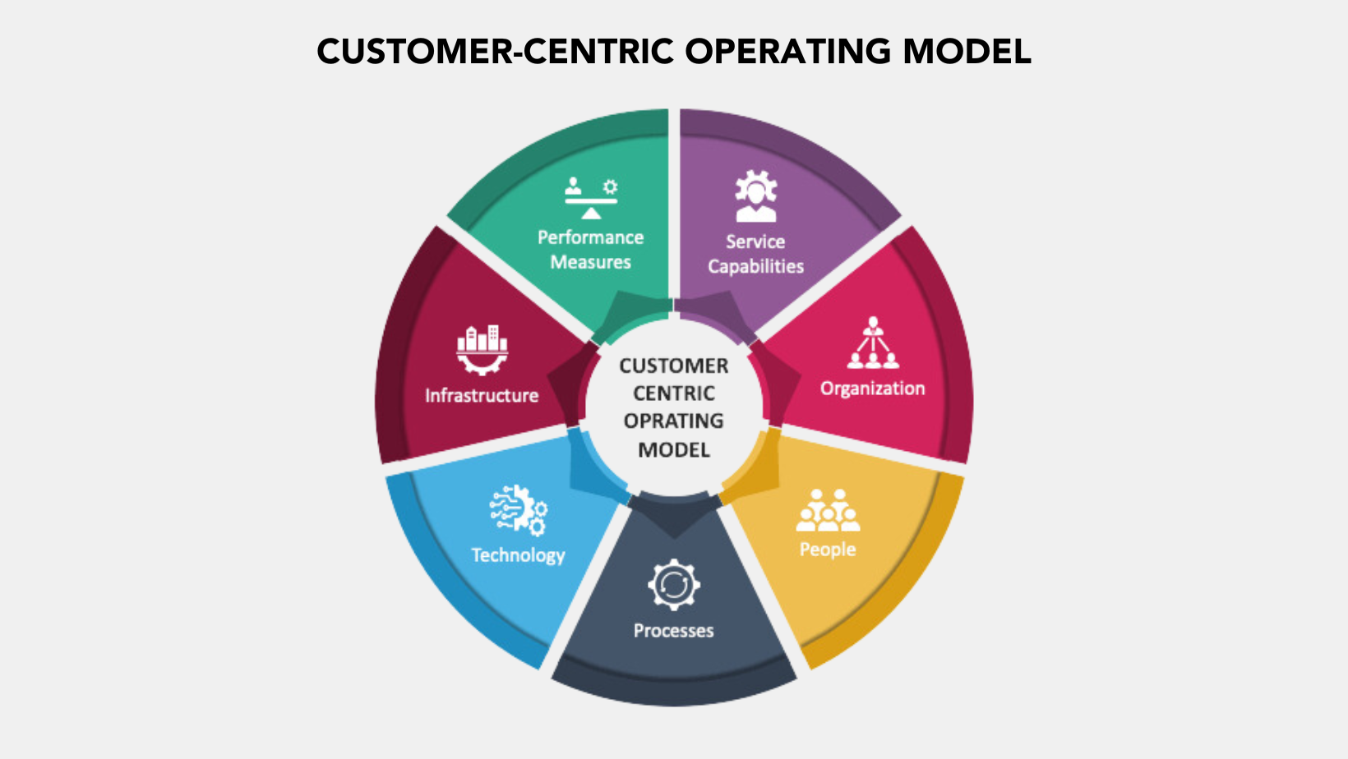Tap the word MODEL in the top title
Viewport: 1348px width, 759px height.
967,51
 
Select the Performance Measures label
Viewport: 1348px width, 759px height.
590,250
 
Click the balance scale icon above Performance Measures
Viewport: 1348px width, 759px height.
591,197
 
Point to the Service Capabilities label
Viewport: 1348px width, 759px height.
755,254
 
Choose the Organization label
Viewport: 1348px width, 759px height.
872,389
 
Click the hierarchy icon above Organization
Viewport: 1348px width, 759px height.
873,343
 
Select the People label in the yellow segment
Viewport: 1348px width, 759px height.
828,550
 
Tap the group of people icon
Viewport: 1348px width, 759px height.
828,510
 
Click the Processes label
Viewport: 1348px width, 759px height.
673,631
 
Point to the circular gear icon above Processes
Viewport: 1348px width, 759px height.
673,584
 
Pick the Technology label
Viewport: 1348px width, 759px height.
518,555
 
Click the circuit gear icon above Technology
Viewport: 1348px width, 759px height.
519,509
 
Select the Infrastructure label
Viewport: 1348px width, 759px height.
482,396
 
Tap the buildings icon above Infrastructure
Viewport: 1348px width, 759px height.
482,348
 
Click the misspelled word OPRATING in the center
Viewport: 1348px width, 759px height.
673,421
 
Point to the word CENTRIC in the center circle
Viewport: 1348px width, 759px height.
673,393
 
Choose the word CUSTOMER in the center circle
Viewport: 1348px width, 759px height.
673,366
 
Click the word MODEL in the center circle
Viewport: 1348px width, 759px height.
673,450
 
